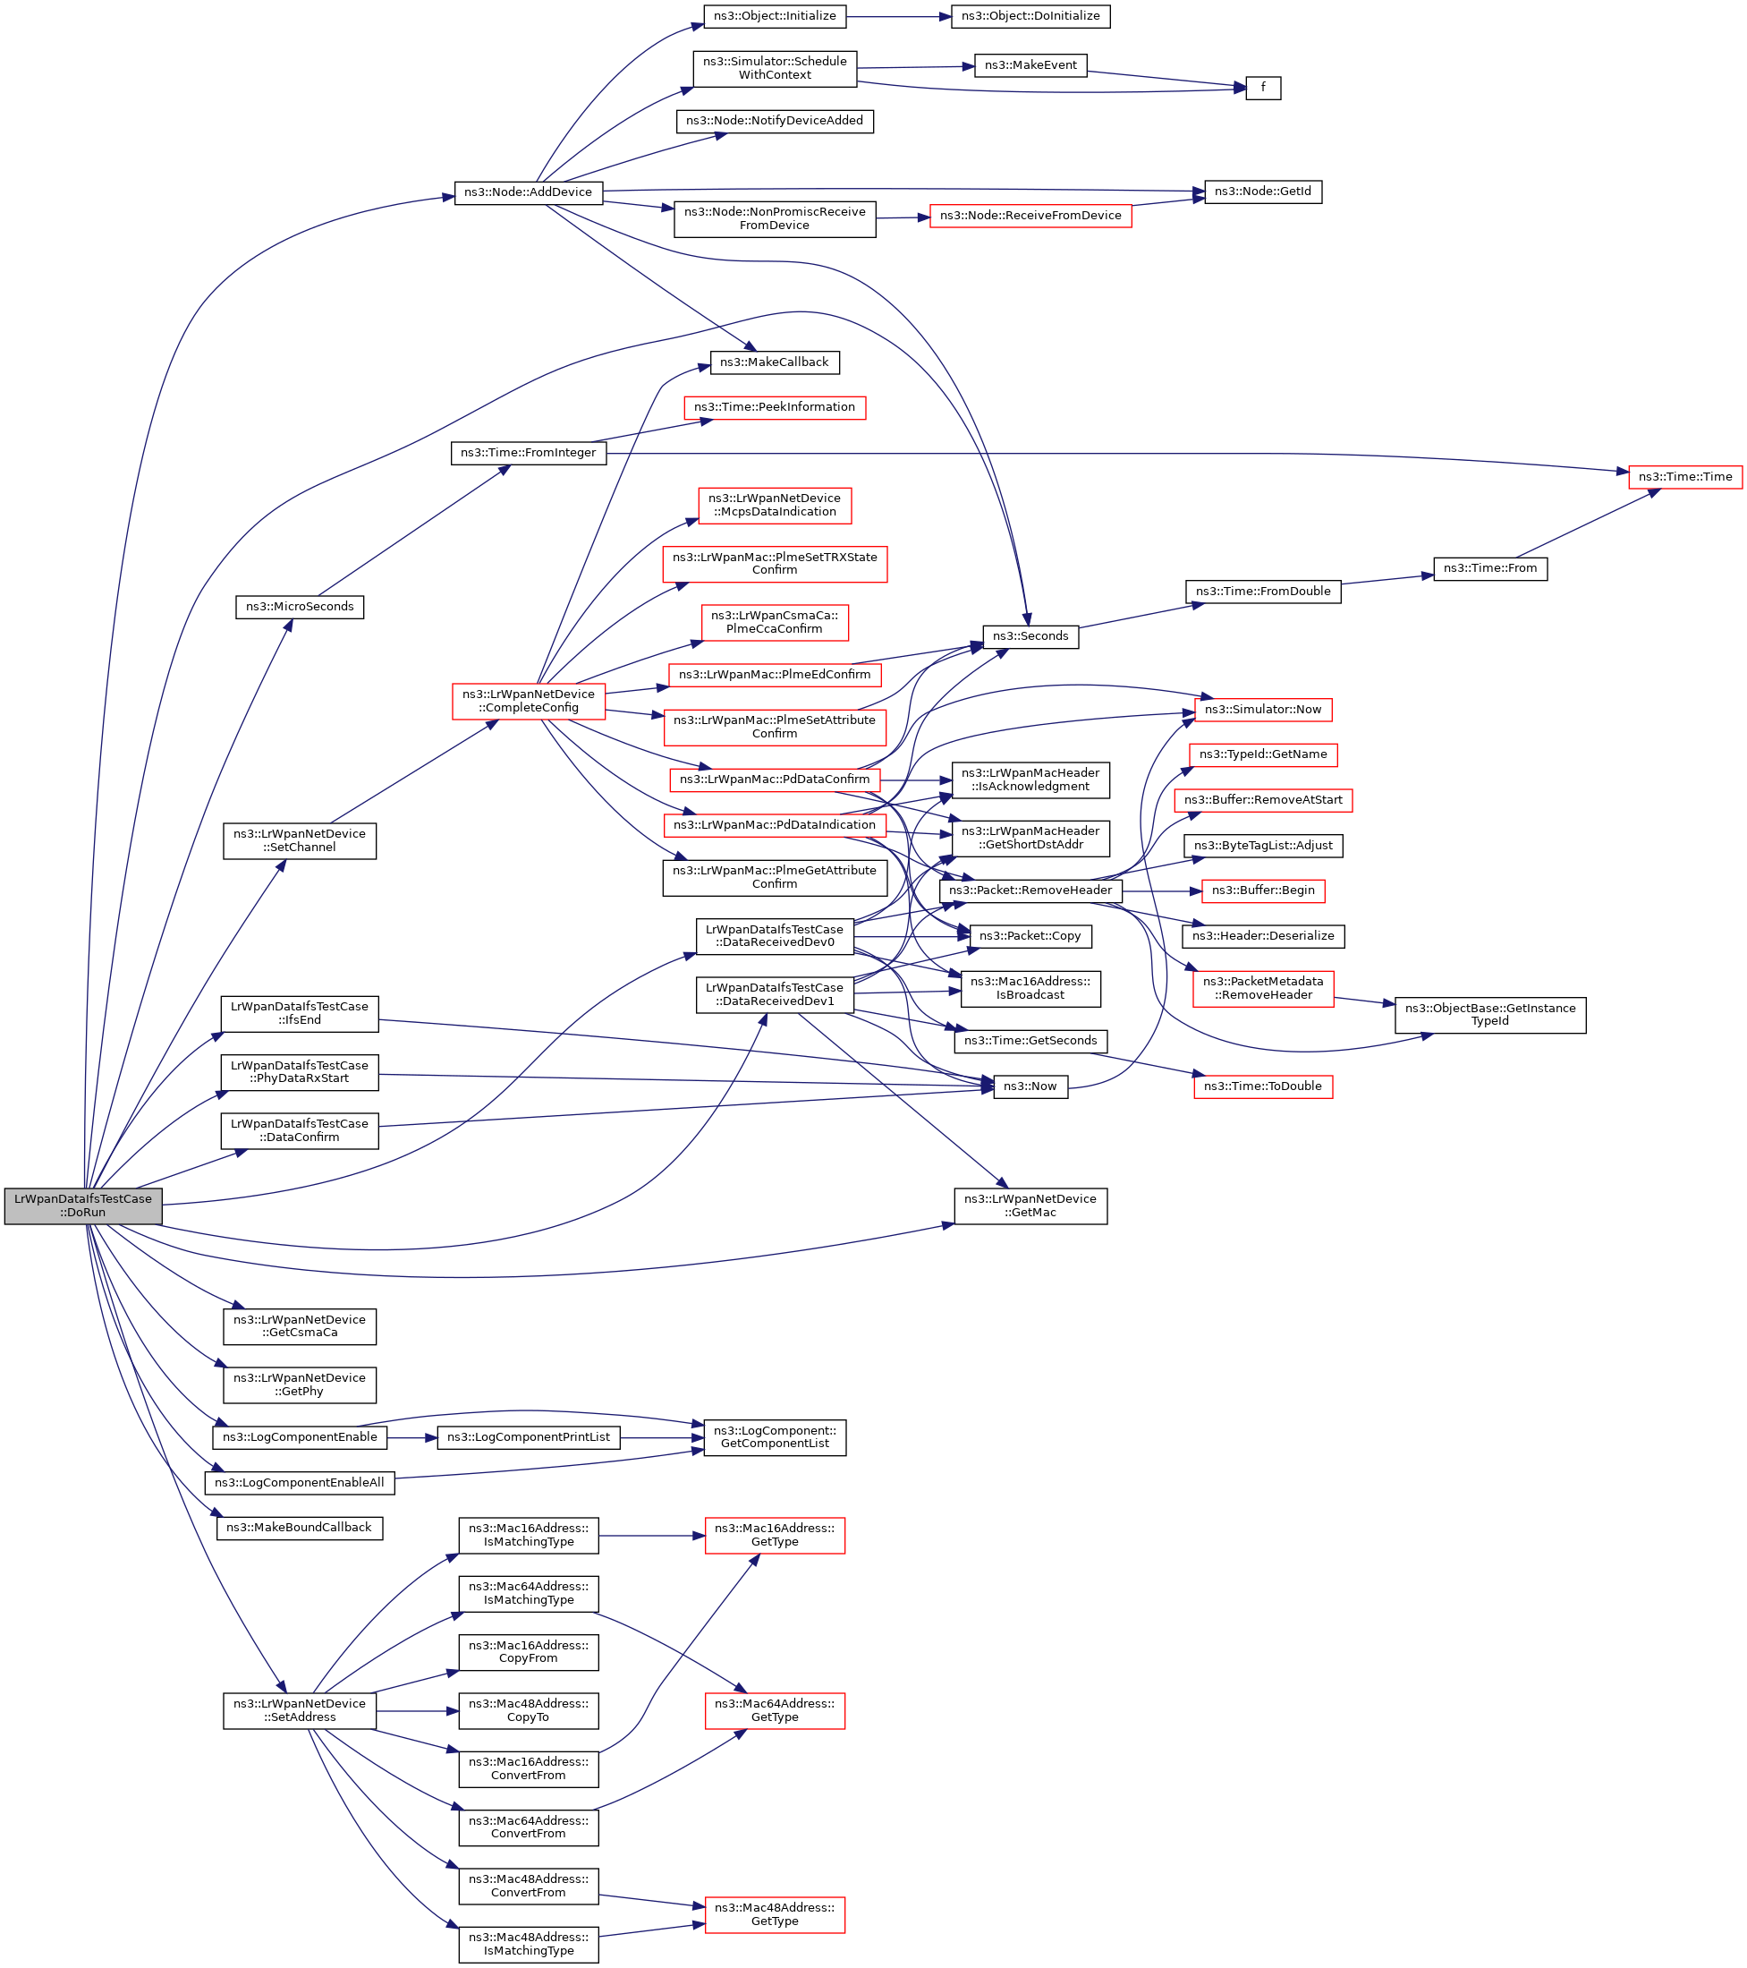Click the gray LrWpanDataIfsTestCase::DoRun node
[x=83, y=1205]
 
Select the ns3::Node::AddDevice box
[x=528, y=192]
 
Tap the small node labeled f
[x=1262, y=88]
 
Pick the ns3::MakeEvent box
[x=1030, y=65]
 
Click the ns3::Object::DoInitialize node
[x=1030, y=16]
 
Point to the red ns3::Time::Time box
[x=1684, y=477]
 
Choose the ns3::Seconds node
[x=1030, y=636]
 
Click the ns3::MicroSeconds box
[x=300, y=607]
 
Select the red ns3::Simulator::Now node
[x=1262, y=710]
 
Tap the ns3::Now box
[x=1030, y=1086]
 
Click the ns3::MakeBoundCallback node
[x=300, y=1527]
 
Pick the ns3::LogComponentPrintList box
[x=528, y=1437]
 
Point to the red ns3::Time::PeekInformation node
[x=774, y=407]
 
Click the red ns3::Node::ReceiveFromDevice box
[x=1030, y=216]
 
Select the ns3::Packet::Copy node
[x=1030, y=936]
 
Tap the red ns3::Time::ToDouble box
[x=1262, y=1086]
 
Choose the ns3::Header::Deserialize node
[x=1262, y=936]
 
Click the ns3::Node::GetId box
[x=1262, y=192]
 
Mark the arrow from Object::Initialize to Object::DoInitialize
[x=899, y=16]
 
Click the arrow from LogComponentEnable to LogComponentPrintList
[x=412, y=1437]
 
